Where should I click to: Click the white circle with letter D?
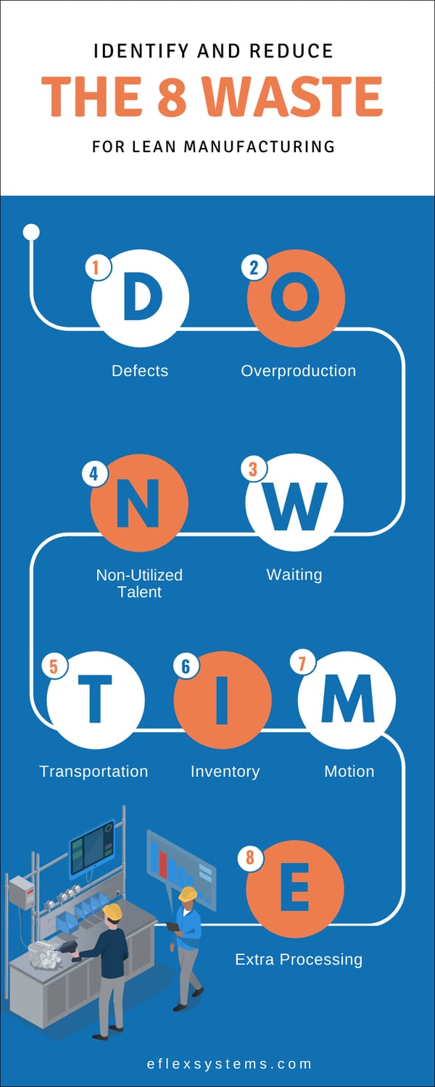(x=140, y=298)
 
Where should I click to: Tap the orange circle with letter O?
(x=296, y=298)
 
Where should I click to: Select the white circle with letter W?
(x=294, y=502)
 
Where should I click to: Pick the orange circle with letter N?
(x=139, y=502)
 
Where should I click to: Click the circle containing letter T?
(x=95, y=700)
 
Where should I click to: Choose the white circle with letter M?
(x=347, y=700)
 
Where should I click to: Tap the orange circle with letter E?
(x=295, y=889)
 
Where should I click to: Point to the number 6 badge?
(x=186, y=665)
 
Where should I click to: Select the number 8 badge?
(x=250, y=859)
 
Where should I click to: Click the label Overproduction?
(x=298, y=371)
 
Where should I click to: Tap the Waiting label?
(x=294, y=575)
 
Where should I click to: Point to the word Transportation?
(x=94, y=771)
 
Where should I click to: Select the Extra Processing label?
(x=299, y=959)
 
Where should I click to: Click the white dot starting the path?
(x=31, y=232)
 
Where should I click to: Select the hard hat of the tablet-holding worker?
(x=188, y=894)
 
